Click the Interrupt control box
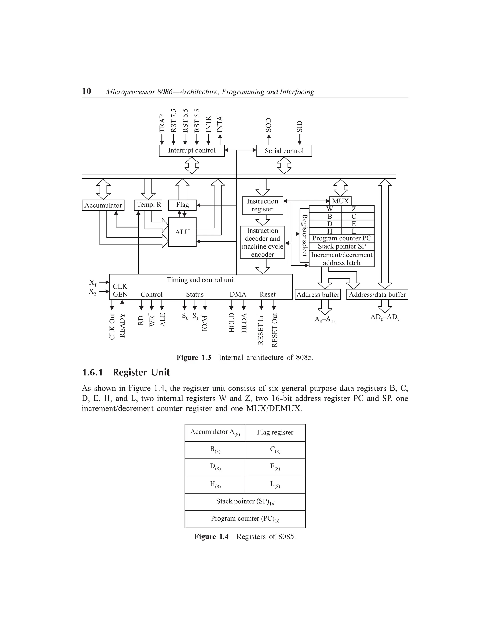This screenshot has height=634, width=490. tap(192, 151)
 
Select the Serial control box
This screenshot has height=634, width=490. tap(284, 151)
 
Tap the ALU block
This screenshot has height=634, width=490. tap(182, 232)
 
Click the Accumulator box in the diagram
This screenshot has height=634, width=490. tap(103, 205)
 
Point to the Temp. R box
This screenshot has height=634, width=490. tap(148, 205)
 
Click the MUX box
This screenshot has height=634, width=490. tap(340, 201)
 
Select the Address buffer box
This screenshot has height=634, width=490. tap(318, 294)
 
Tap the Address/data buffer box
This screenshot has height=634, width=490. tap(377, 294)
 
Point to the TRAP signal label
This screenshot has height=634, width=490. tap(162, 123)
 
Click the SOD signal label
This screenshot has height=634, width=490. tap(268, 125)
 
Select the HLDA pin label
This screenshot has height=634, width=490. tap(244, 323)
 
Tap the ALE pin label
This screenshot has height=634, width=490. tap(162, 320)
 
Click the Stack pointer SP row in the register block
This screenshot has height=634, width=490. tap(341, 246)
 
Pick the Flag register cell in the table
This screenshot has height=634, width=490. tap(275, 433)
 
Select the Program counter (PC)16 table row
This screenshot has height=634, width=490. tap(245, 519)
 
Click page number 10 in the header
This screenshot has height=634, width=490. tap(87, 91)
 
